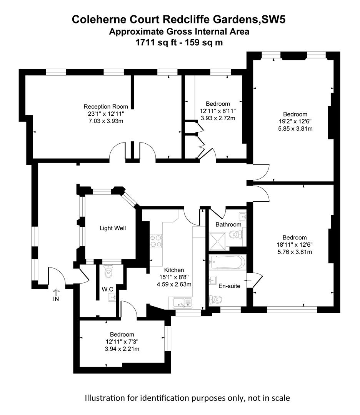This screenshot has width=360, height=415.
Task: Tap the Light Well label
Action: pos(113,228)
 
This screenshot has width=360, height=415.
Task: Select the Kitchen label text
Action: pos(174,270)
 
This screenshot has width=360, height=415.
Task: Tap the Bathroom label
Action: pos(228,224)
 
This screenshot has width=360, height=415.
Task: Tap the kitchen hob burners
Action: pos(156,241)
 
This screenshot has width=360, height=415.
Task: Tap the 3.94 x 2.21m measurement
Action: pos(122,349)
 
